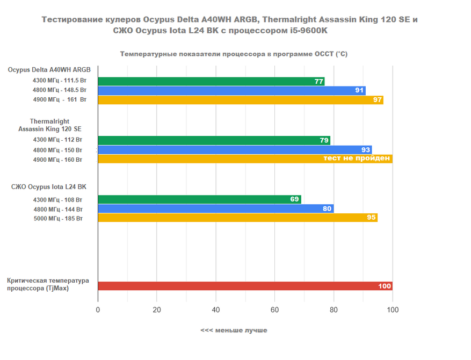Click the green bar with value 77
coord(211,81)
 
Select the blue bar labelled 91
coord(231,90)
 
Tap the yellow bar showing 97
coord(240,100)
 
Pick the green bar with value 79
coord(214,140)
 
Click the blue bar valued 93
coord(234,150)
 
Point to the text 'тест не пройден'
coord(356,159)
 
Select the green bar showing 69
coord(199,199)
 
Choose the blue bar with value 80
coord(215,208)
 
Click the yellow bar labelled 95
coord(237,218)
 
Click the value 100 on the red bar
coord(385,286)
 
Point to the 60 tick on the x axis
coord(274,309)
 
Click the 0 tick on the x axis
coord(98,309)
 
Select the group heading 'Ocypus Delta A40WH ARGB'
coord(49,70)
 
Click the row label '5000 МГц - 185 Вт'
coord(57,218)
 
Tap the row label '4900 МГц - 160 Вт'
coord(57,160)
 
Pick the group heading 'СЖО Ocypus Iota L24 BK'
coord(49,187)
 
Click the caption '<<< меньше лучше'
coord(234,330)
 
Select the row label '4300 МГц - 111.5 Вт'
coord(60,81)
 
